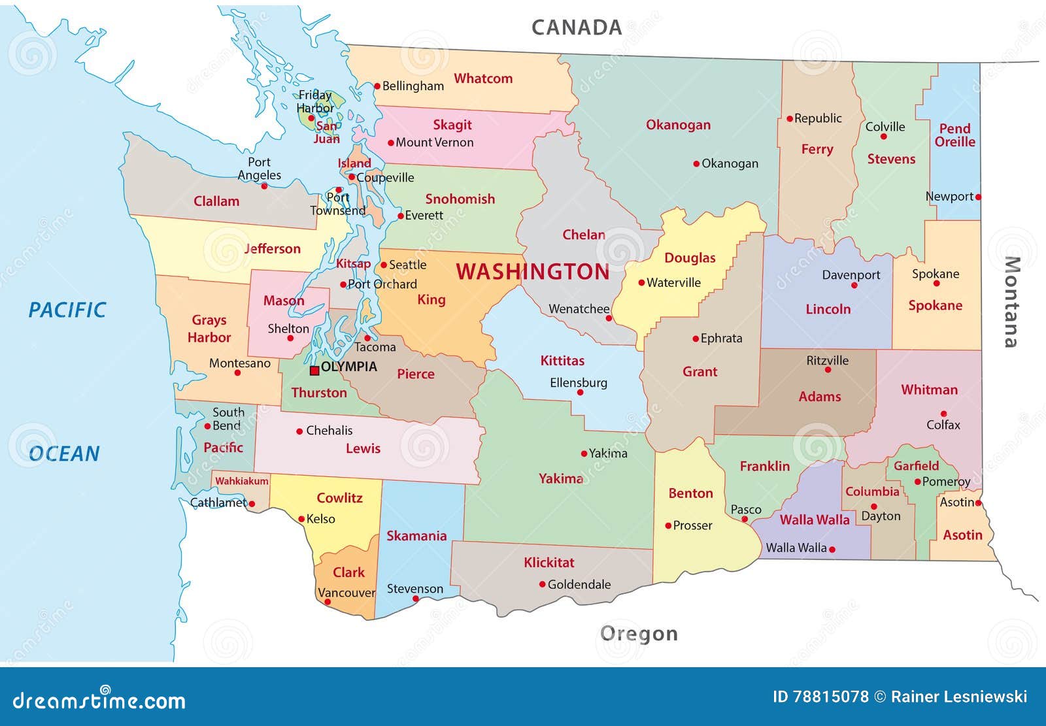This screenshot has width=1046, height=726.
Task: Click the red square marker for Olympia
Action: tap(314, 371)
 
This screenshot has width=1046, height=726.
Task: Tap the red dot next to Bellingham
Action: tap(377, 86)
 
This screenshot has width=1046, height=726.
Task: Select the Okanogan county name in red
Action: tap(678, 125)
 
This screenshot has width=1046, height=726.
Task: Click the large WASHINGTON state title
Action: tap(532, 272)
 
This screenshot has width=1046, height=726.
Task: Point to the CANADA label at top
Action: tap(576, 27)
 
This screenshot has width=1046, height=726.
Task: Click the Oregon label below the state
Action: tap(639, 633)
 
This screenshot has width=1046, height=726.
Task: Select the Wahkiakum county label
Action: tap(242, 481)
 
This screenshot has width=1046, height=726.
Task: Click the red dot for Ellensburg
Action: tap(580, 393)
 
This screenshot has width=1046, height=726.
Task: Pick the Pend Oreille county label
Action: tap(954, 135)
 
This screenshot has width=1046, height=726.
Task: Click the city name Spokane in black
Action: tap(936, 274)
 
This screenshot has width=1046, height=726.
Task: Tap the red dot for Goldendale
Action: tap(542, 584)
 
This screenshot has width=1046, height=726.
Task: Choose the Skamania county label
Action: tap(416, 536)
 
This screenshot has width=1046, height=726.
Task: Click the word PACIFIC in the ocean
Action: tap(67, 310)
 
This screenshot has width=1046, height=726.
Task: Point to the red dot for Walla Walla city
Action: tap(832, 549)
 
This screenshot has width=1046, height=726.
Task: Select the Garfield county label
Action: tap(916, 466)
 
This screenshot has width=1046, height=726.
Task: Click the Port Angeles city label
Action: tap(259, 169)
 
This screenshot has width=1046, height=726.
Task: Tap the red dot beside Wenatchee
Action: tap(609, 318)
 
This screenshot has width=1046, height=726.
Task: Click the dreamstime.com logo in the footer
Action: tap(99, 700)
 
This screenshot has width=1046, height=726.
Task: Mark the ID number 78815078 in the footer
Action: tap(830, 697)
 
